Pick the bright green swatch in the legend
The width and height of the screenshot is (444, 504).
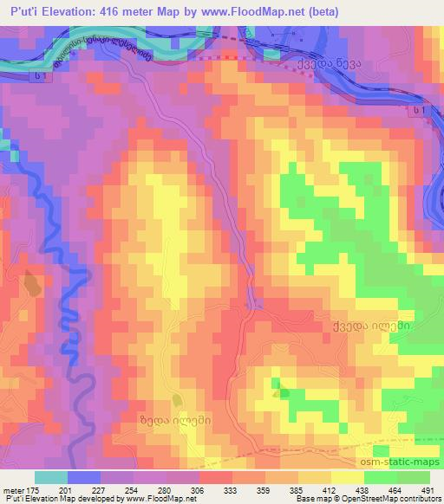[x=379, y=477]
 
